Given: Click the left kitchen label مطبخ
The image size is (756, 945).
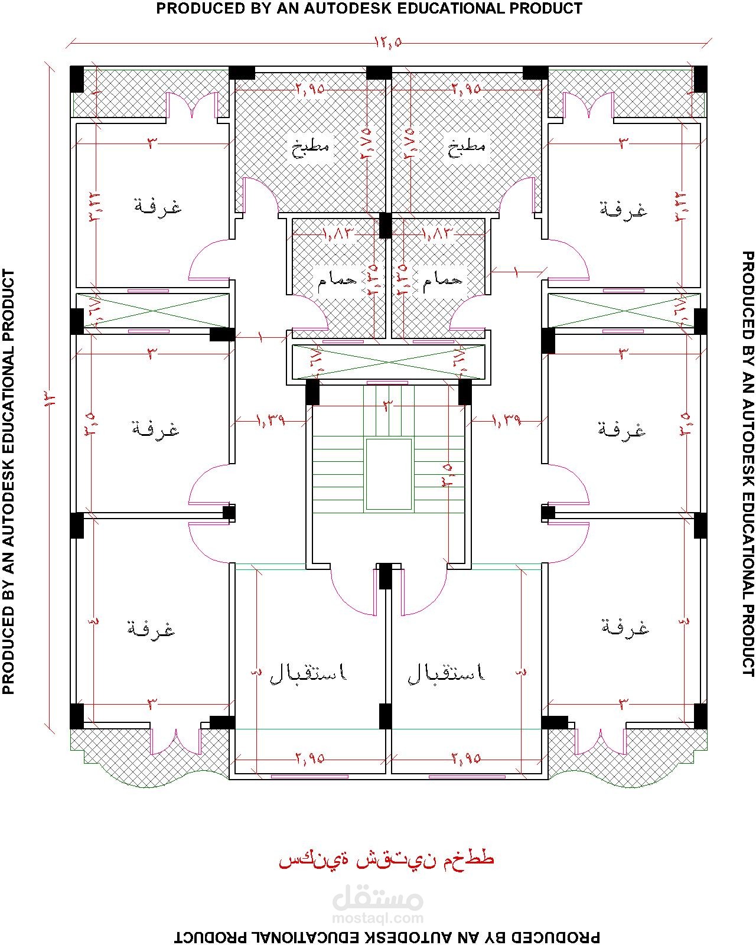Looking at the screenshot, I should point(311,147).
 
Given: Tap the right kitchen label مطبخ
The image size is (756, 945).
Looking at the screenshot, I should point(467,147).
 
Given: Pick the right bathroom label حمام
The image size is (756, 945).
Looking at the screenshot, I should point(442,280).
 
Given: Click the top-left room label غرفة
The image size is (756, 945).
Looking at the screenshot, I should point(158,207).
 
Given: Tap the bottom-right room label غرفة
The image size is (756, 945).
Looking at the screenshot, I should point(624,627).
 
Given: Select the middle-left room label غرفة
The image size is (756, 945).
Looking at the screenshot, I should point(155,428).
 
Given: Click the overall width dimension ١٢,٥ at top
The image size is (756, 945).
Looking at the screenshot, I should point(388,42).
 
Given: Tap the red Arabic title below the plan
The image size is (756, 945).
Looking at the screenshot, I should point(386,859).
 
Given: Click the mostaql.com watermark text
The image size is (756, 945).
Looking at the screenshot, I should point(378,918).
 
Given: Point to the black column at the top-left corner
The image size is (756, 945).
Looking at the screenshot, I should point(77,79).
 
